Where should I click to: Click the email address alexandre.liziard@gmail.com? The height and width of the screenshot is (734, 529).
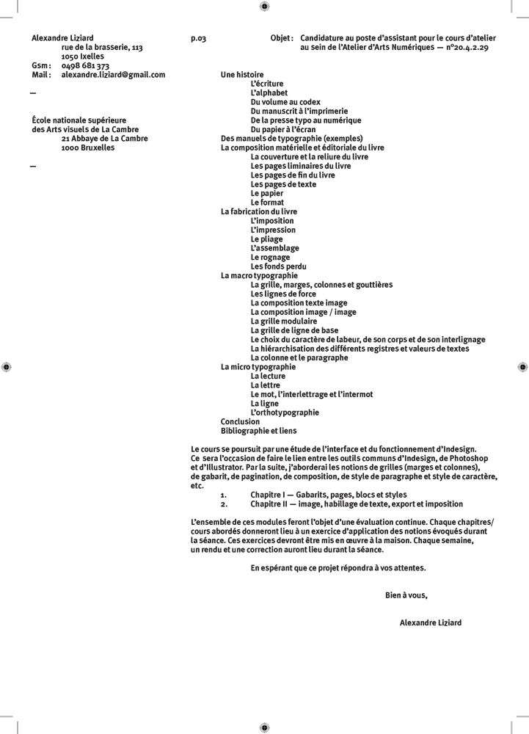113,75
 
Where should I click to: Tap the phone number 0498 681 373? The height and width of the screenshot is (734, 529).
85,66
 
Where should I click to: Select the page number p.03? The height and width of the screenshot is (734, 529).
198,38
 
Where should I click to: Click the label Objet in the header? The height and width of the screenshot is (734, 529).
282,38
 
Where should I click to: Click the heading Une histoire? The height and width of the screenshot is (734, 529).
242,75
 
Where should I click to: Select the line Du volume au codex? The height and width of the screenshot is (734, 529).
285,102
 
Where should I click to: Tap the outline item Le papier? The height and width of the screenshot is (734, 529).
266,194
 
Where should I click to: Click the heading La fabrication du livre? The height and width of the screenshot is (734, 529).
259,211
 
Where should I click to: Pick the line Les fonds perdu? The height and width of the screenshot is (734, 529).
278,266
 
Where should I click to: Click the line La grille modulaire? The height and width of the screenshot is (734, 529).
284,321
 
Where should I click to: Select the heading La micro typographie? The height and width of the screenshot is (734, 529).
258,367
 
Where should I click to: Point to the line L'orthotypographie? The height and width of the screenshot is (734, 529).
285,413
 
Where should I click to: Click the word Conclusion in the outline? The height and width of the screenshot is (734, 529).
240,422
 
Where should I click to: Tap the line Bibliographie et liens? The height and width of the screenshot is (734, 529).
259,431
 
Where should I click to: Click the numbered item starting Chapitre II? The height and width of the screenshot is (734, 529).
356,504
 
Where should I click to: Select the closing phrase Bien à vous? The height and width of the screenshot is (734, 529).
406,595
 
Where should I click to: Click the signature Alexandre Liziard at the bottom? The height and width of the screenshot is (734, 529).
431,622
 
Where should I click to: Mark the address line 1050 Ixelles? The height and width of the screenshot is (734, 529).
82,57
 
